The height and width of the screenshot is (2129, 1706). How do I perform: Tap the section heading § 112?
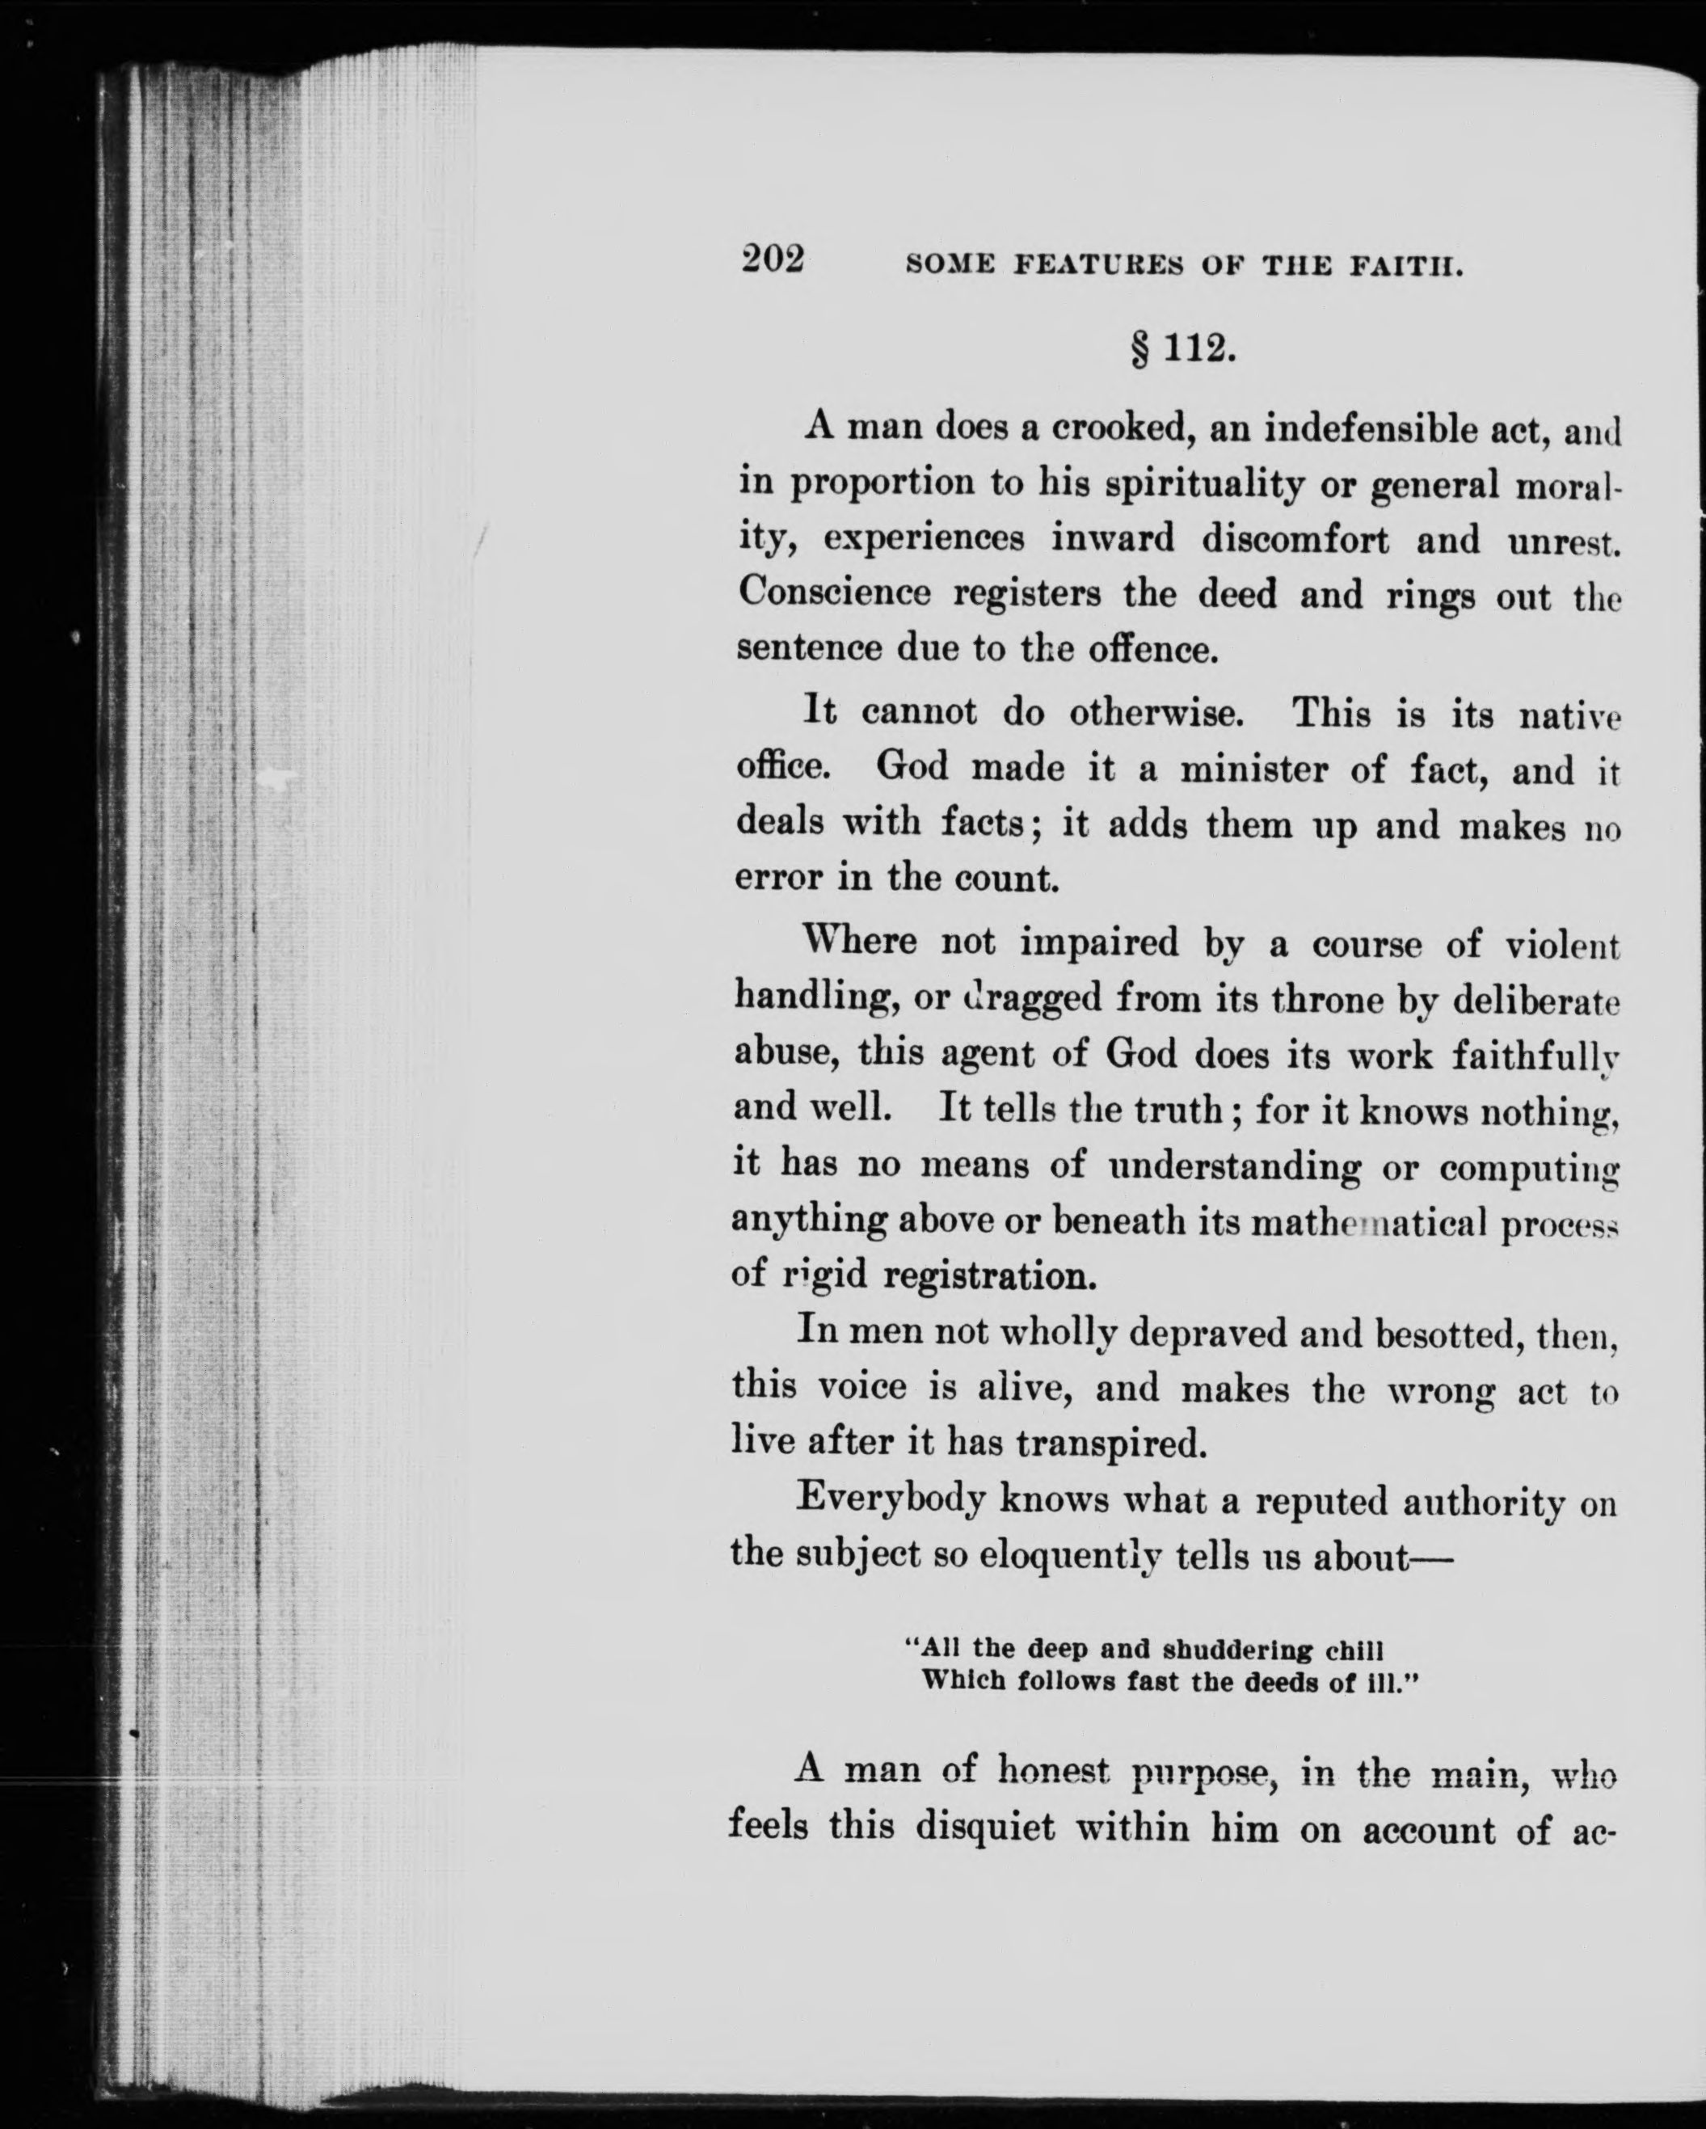[x=1182, y=349]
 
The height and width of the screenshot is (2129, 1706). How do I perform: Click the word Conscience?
[x=834, y=592]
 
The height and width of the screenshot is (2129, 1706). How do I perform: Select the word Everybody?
[x=891, y=1502]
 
